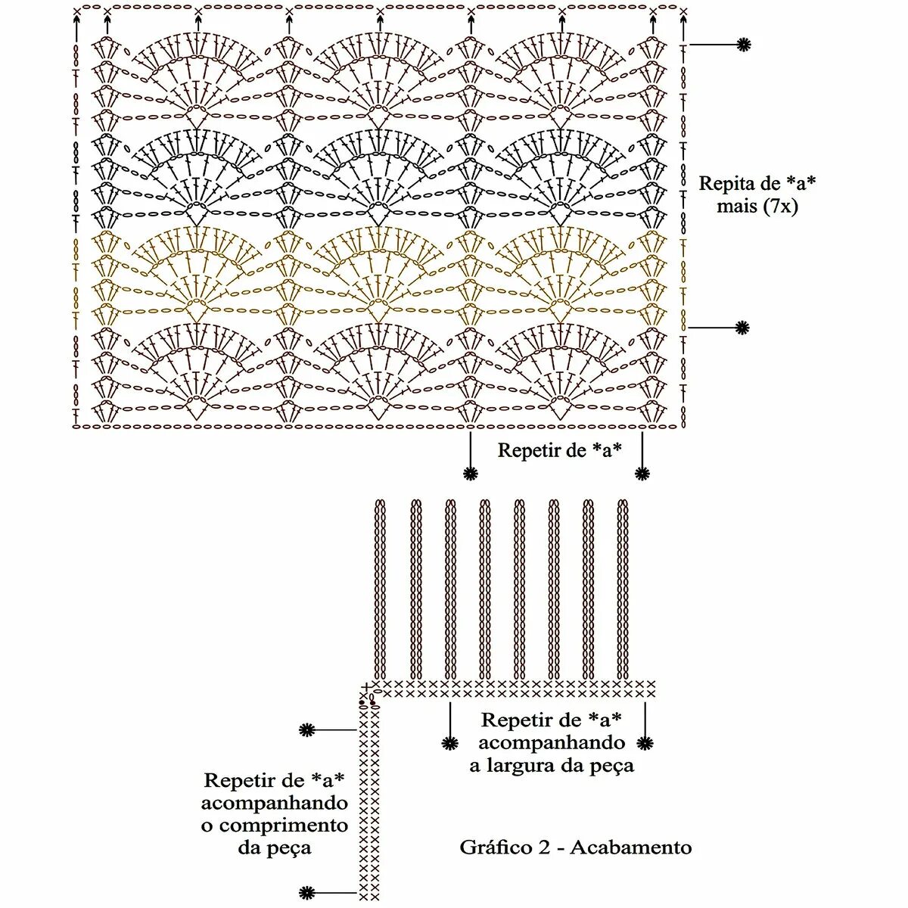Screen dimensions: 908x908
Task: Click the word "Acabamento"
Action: click(631, 847)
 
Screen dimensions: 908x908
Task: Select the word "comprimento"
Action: click(274, 826)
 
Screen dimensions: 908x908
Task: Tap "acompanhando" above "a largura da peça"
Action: click(552, 743)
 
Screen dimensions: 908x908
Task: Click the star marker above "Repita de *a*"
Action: click(745, 45)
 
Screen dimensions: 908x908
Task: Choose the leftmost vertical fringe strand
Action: click(380, 590)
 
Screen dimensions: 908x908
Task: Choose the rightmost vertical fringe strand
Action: click(623, 590)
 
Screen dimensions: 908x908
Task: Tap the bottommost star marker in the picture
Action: click(306, 892)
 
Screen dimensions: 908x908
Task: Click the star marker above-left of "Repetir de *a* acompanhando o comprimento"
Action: click(306, 730)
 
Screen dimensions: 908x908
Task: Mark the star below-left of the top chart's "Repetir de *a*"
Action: click(471, 474)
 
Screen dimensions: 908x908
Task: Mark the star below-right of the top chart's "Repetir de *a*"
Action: click(642, 474)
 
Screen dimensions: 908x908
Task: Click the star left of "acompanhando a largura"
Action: click(451, 743)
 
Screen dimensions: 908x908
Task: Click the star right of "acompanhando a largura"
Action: click(645, 743)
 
